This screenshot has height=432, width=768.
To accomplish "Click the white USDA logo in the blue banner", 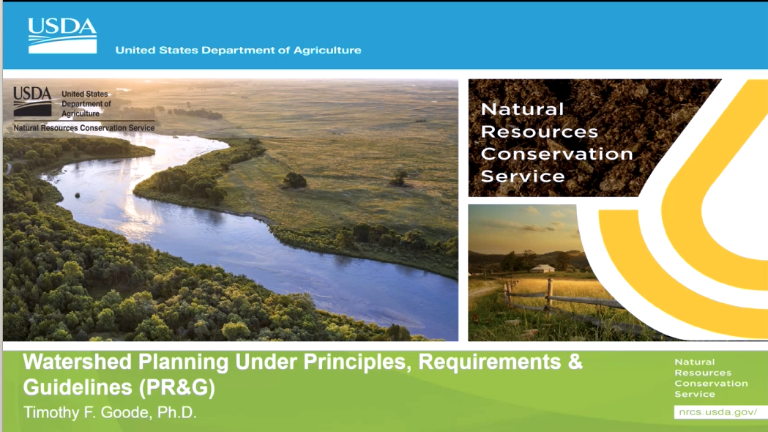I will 62,35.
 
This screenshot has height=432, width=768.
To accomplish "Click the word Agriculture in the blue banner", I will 327,51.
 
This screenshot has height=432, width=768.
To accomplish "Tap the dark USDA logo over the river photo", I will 32,102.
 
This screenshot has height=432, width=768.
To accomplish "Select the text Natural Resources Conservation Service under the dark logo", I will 84,128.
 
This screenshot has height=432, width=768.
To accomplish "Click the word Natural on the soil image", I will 522,109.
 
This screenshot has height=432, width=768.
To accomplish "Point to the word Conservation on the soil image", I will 556,154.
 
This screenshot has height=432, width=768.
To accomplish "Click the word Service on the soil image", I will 522,176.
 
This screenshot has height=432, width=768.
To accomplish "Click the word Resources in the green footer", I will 702,373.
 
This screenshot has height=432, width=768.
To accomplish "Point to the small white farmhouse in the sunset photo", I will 543,268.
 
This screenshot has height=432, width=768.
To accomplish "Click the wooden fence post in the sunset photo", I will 548,293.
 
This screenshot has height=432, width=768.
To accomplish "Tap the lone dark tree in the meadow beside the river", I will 295,180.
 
